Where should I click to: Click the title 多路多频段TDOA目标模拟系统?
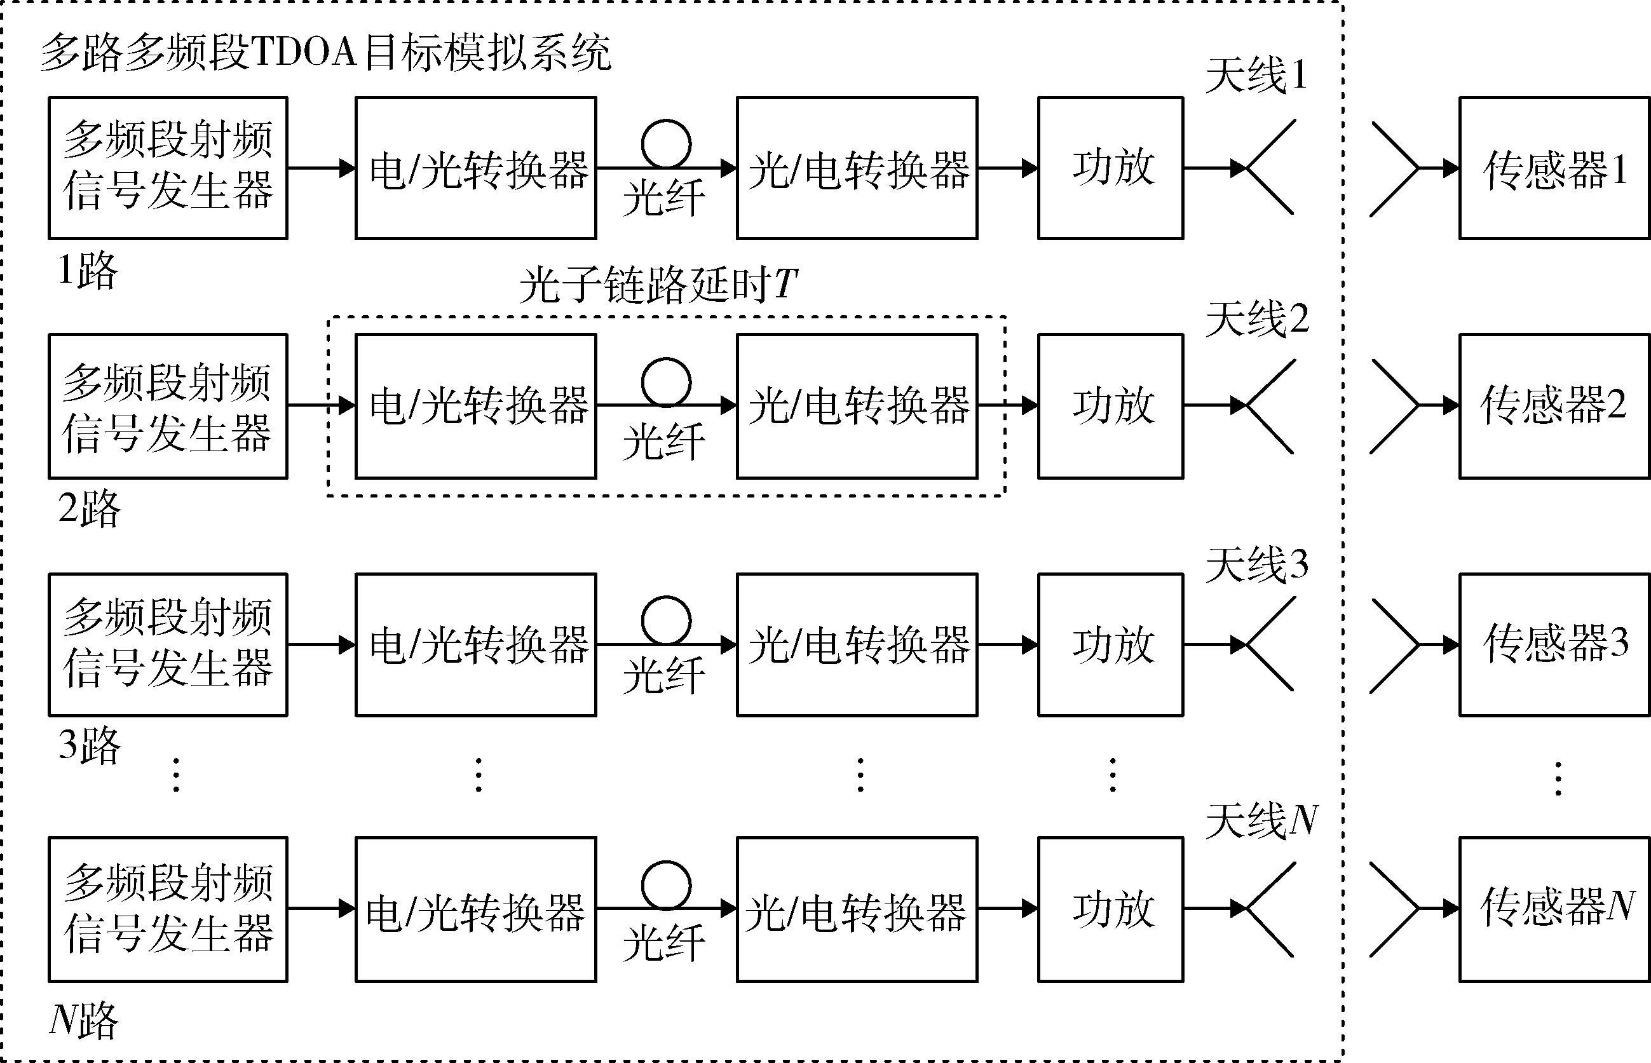[326, 53]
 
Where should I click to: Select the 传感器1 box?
[1554, 168]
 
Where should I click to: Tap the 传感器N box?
[1554, 909]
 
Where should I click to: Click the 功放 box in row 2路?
[1111, 406]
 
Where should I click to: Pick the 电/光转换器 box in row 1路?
[475, 168]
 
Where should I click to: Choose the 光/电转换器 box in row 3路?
[857, 645]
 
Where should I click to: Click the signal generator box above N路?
[168, 909]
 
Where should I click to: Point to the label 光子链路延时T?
[658, 285]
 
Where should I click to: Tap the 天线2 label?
[1257, 319]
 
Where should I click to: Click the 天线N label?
[1261, 821]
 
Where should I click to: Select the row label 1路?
[88, 270]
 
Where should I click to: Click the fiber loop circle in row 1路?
[666, 144]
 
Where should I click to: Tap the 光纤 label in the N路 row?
[664, 943]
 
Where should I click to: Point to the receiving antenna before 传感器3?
[1394, 645]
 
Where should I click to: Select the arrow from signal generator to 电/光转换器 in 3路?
[322, 645]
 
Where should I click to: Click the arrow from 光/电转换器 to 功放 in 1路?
[1009, 168]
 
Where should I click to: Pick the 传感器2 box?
[1554, 406]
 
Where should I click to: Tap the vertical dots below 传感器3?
[1558, 778]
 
